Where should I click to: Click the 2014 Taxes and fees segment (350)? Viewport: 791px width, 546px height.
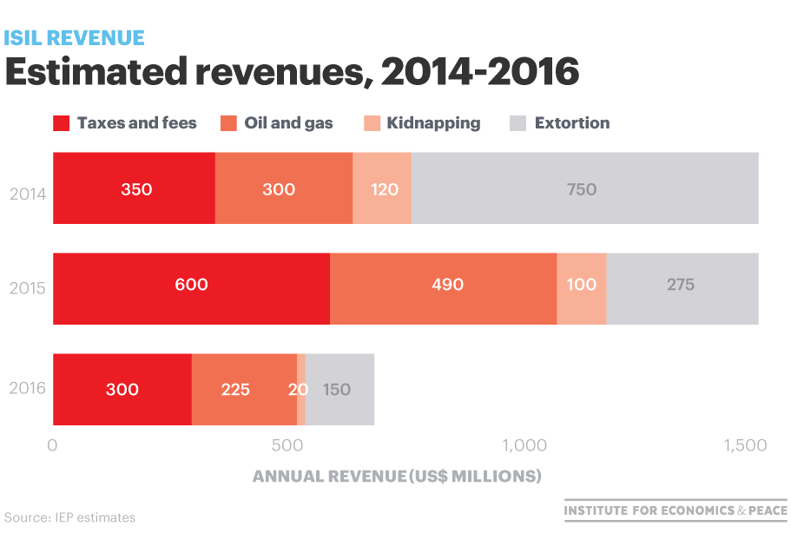click(134, 188)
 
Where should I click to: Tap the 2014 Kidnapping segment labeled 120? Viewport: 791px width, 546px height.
click(382, 188)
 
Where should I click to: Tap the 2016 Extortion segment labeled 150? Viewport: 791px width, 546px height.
click(339, 390)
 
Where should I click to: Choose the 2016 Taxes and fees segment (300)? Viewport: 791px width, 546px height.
click(122, 390)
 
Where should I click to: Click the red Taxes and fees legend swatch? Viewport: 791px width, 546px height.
click(62, 123)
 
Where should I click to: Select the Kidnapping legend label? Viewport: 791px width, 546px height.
click(433, 123)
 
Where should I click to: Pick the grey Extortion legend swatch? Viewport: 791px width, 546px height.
click(518, 123)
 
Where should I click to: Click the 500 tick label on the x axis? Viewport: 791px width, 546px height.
click(288, 445)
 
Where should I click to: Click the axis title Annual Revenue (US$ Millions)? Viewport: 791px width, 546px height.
click(397, 477)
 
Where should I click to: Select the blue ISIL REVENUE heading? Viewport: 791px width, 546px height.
click(75, 38)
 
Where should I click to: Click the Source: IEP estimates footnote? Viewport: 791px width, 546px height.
click(70, 517)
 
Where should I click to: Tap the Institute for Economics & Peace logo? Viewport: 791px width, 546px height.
click(676, 510)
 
